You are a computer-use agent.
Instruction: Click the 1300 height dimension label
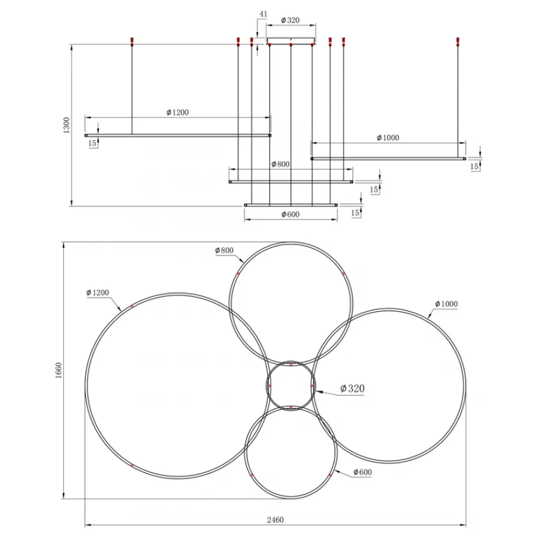click(67, 125)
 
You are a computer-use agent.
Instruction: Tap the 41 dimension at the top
click(263, 14)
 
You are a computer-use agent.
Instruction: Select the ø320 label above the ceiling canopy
click(290, 20)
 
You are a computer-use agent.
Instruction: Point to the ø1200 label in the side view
click(177, 112)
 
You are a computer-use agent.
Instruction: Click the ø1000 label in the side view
click(388, 137)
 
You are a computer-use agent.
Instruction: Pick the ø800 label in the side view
click(280, 164)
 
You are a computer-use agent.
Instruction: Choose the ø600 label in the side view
click(291, 214)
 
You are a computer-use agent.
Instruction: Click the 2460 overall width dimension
click(275, 520)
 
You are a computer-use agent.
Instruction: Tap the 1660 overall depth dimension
click(58, 371)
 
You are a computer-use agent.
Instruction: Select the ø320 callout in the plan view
click(352, 388)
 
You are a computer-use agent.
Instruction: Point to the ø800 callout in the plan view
click(224, 250)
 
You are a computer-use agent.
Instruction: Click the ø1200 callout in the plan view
click(98, 293)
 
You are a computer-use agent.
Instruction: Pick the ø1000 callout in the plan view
click(446, 304)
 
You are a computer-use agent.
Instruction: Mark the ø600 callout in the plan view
click(362, 472)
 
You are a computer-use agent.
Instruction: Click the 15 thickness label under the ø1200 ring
click(92, 143)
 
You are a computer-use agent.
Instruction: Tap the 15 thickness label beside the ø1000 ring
click(474, 166)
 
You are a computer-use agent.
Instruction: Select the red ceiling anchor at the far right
click(458, 41)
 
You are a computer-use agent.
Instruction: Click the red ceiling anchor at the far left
click(132, 41)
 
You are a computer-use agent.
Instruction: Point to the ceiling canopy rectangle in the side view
click(291, 41)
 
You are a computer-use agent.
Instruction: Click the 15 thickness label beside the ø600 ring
click(355, 213)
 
